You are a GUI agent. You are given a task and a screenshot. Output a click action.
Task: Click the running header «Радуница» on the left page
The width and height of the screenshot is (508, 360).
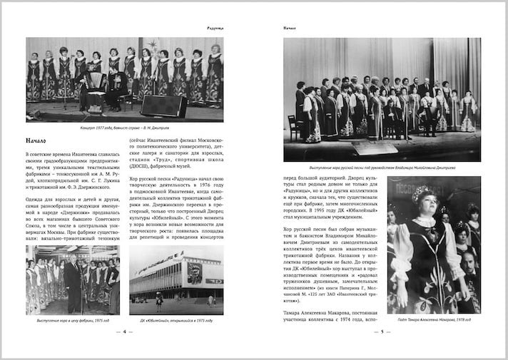point(210,29)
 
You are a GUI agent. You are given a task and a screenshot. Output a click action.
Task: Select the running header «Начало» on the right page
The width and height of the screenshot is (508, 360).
point(290,29)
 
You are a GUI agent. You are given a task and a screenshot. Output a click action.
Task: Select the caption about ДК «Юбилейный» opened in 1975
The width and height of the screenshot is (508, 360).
point(176,322)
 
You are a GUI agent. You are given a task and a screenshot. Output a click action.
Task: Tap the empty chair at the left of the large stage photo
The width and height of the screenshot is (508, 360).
point(293,126)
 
